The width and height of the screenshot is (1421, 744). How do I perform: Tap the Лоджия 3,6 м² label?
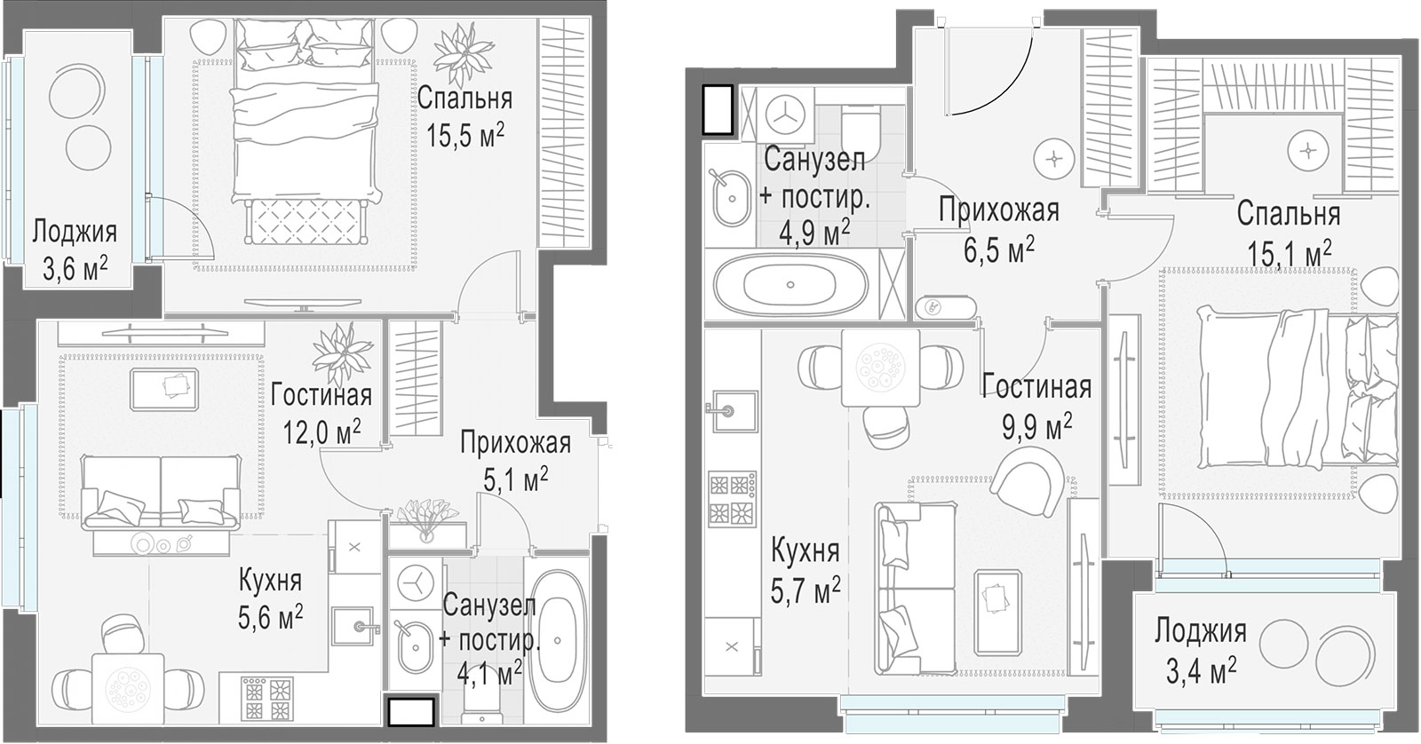[x=75, y=250]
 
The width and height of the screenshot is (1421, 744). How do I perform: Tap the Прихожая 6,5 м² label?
[x=998, y=230]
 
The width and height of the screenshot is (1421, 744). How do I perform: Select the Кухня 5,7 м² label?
[x=805, y=570]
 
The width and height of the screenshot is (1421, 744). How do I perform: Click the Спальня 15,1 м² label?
[x=1288, y=233]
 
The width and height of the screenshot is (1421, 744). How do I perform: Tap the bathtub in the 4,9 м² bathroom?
[x=790, y=284]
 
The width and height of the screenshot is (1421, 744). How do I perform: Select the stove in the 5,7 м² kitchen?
[x=732, y=499]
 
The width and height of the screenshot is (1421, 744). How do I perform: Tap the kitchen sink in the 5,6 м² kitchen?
[x=359, y=626]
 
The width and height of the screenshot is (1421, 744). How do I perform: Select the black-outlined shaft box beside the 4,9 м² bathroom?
[x=718, y=109]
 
